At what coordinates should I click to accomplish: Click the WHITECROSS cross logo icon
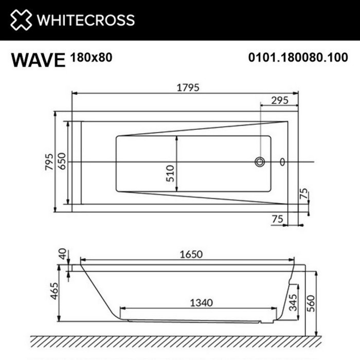pyautogui.click(x=21, y=20)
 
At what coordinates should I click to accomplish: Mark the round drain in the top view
pyautogui.click(x=259, y=163)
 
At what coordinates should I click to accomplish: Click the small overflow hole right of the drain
pyautogui.click(x=282, y=163)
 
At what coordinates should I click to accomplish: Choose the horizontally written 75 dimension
pyautogui.click(x=278, y=219)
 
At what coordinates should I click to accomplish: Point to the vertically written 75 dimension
pyautogui.click(x=304, y=194)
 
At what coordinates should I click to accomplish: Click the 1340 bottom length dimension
pyautogui.click(x=200, y=302)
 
